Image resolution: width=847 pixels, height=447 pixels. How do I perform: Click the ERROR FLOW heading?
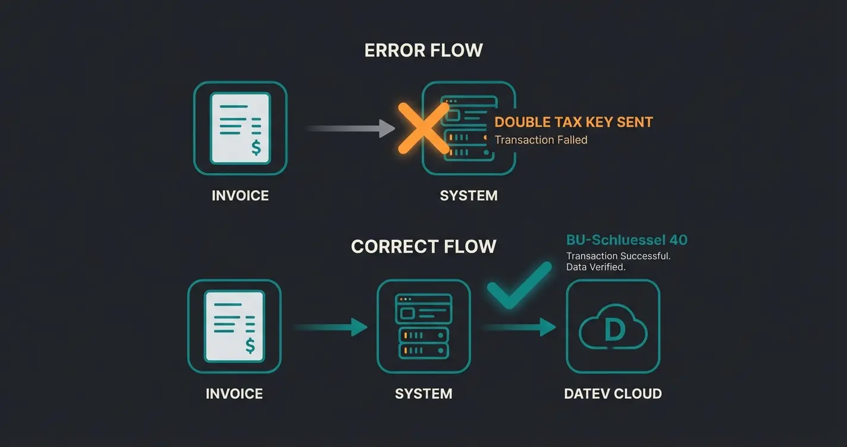point(424,51)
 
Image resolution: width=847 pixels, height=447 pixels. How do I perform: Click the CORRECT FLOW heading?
point(424,246)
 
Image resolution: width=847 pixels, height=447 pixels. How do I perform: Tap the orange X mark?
point(424,128)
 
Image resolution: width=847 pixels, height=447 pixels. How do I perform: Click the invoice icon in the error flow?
point(240,128)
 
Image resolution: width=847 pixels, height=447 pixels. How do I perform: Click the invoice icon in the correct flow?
point(234,326)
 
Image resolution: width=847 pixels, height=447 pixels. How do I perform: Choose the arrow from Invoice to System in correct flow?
point(331,326)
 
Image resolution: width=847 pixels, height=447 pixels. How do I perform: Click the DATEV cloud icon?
point(613,326)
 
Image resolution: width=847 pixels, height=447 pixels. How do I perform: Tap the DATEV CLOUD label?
point(613,394)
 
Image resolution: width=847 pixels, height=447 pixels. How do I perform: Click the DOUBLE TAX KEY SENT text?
point(573,122)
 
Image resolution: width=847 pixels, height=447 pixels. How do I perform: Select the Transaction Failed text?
point(541,140)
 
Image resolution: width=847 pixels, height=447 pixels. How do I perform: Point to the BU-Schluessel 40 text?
point(627,240)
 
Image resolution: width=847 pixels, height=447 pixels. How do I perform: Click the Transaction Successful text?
point(618,256)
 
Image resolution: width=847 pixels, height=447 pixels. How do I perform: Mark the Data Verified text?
point(595,267)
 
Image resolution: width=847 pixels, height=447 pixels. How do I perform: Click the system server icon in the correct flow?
point(424,326)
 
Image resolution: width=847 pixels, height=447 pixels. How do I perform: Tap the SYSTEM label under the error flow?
point(469,196)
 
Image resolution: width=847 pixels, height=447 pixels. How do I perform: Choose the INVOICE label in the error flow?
point(240,196)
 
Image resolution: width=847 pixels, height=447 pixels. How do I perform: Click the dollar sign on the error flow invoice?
point(256,147)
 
